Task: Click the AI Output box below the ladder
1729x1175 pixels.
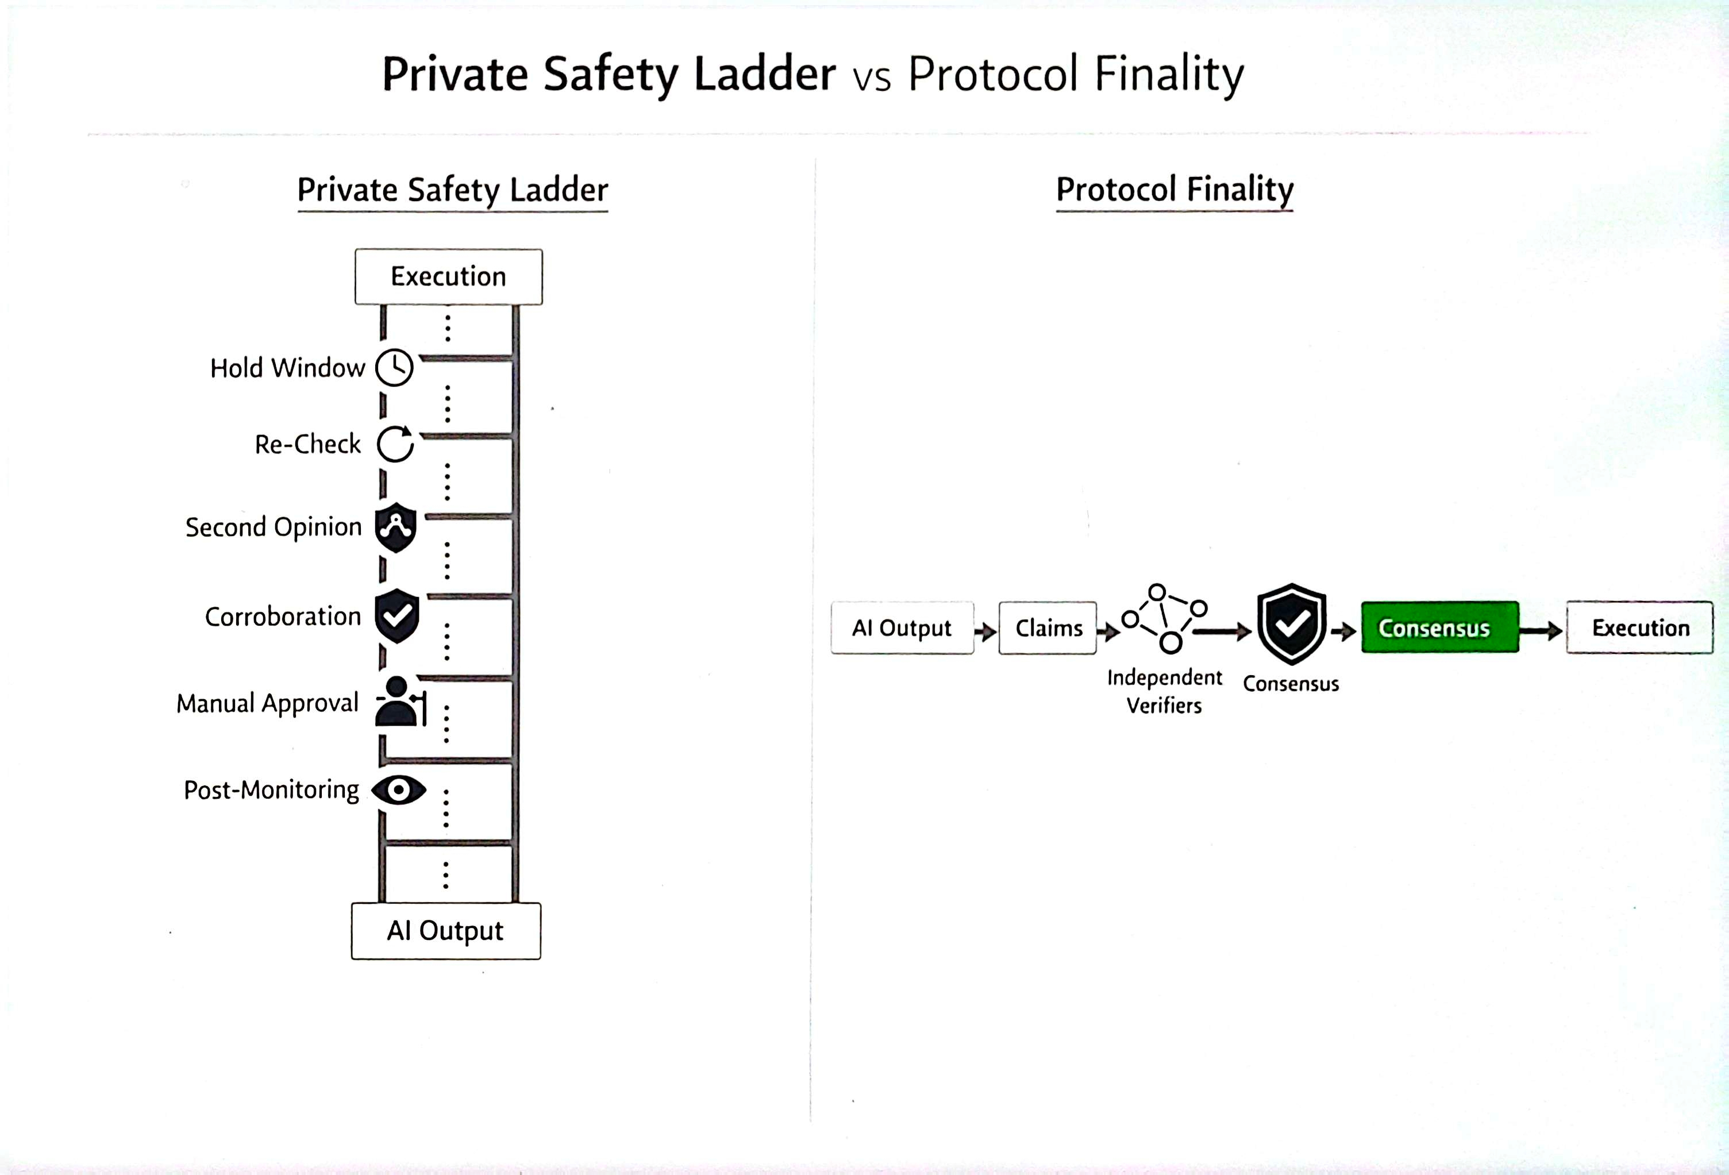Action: (446, 931)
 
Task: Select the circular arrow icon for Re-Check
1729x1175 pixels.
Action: (395, 444)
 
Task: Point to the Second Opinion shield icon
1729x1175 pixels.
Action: (395, 527)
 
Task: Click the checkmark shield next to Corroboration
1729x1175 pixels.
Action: (396, 615)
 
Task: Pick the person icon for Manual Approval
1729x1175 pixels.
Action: (399, 702)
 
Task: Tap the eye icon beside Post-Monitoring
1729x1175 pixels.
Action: (399, 789)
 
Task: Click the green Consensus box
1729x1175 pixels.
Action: (1439, 628)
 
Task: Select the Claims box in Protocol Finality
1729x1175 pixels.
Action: (1048, 628)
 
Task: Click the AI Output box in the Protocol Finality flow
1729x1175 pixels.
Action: (902, 628)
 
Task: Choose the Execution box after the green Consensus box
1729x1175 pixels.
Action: (1640, 628)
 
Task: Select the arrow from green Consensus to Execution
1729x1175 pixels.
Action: (1541, 631)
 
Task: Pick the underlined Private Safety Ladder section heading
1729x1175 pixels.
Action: (452, 191)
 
